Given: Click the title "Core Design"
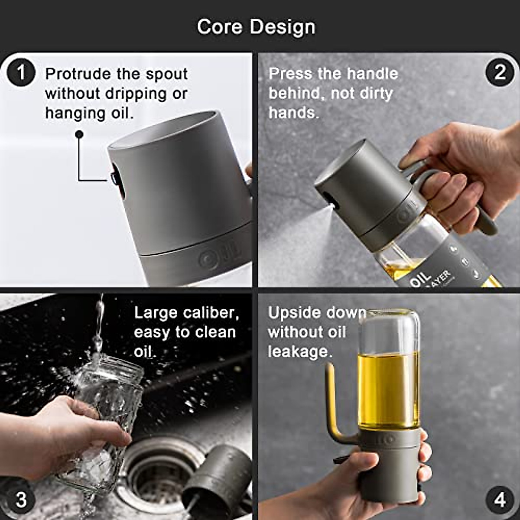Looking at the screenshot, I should pyautogui.click(x=256, y=27).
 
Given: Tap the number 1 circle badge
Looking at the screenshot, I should pyautogui.click(x=20, y=72).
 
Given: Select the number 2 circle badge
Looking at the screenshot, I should pyautogui.click(x=500, y=72).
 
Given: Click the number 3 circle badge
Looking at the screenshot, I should pyautogui.click(x=20, y=500).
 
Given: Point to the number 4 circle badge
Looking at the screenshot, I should pyautogui.click(x=500, y=500).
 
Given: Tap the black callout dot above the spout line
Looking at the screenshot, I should pyautogui.click(x=79, y=135).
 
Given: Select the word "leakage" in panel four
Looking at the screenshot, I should pyautogui.click(x=299, y=351).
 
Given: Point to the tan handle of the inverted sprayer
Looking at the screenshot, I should pyautogui.click(x=331, y=403).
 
